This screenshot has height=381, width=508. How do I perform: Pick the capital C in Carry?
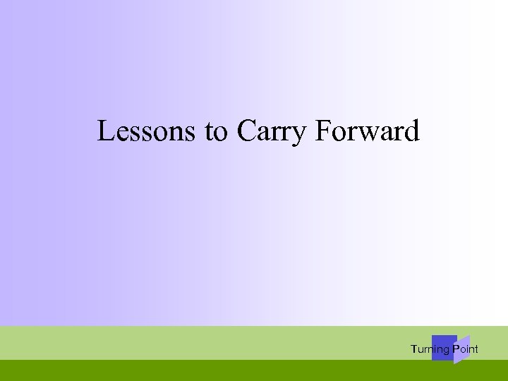click(246, 131)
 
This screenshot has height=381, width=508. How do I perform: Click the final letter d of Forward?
click(411, 131)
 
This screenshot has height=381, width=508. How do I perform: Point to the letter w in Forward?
click(364, 133)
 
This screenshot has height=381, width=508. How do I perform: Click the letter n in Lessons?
click(180, 133)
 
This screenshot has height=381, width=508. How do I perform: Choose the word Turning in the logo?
click(430, 349)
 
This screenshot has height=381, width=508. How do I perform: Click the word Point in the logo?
click(465, 349)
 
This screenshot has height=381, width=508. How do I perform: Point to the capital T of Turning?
click(413, 349)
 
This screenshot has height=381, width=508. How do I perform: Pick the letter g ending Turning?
click(446, 350)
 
